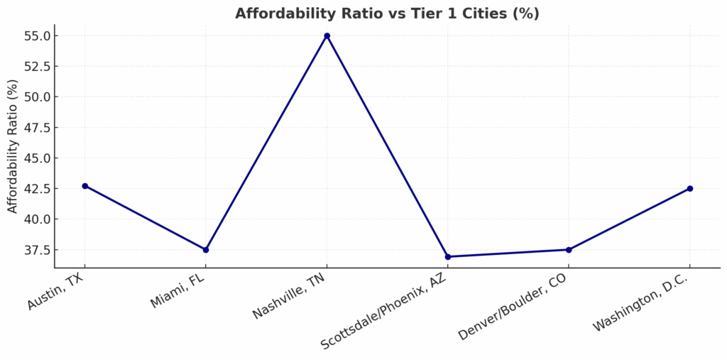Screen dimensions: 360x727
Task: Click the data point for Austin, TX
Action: pos(84,186)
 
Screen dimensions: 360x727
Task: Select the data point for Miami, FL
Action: pos(206,250)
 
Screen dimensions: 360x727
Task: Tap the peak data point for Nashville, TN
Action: pos(327,36)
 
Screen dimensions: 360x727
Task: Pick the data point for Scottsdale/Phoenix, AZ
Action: pos(448,256)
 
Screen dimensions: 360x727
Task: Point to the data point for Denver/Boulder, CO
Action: pos(569,250)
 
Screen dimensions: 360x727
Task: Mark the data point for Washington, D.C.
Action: pos(689,188)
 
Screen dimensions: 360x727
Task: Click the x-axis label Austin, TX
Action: pos(56,292)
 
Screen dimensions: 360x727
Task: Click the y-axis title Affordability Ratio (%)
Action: pos(12,146)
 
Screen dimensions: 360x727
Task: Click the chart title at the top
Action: pos(387,13)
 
